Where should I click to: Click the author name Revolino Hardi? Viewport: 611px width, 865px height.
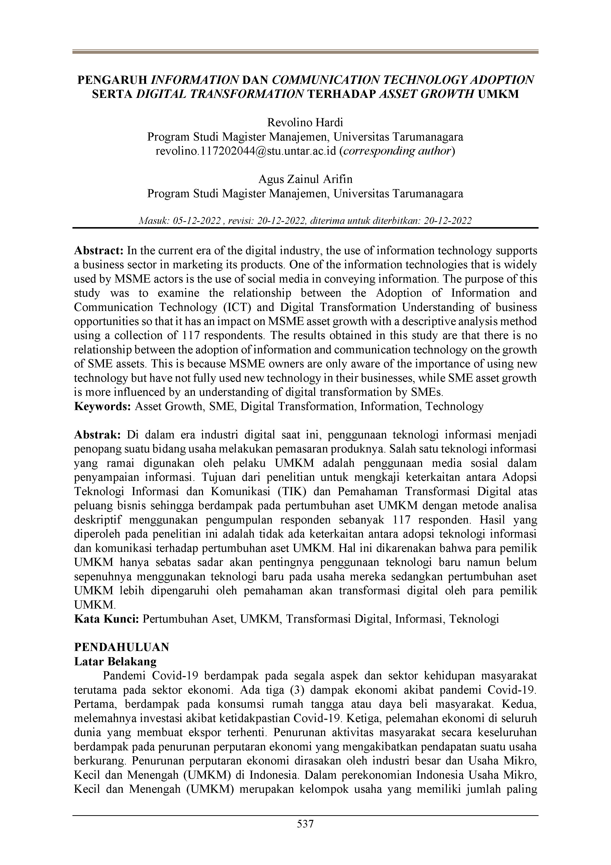coord(305,123)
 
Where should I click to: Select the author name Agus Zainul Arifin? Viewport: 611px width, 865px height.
coord(305,179)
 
